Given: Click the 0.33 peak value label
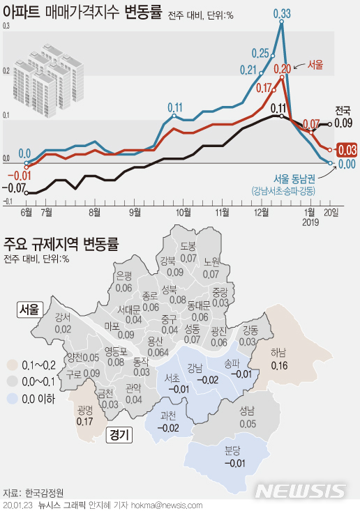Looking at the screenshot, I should pyautogui.click(x=282, y=13).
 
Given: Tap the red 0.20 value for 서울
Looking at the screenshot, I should pyautogui.click(x=282, y=68).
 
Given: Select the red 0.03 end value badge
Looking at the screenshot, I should pyautogui.click(x=347, y=149).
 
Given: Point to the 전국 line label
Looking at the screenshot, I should pyautogui.click(x=343, y=109).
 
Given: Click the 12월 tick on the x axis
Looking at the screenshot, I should pyautogui.click(x=262, y=211).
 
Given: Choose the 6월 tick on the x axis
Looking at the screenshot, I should pyautogui.click(x=27, y=211).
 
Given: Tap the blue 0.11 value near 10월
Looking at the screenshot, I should pyautogui.click(x=175, y=107).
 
